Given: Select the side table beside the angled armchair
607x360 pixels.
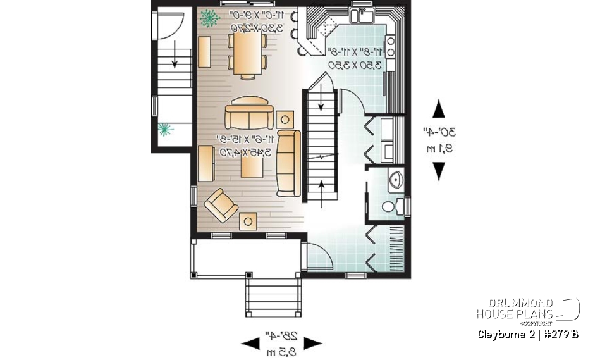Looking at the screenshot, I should (249, 220).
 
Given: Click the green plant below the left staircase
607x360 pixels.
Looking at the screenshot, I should (166, 130).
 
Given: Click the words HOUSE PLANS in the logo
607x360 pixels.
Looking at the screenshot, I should (515, 314).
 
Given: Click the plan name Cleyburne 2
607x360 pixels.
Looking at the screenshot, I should (503, 333).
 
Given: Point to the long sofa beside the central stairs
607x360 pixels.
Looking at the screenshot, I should (288, 163).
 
